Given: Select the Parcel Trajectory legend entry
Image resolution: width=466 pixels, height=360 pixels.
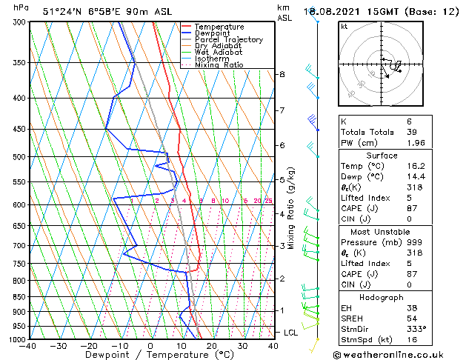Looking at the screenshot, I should [x=228, y=40].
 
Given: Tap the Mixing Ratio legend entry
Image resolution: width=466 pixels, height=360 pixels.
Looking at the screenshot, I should [x=219, y=65].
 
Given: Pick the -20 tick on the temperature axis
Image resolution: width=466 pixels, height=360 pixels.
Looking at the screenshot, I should [x=89, y=345].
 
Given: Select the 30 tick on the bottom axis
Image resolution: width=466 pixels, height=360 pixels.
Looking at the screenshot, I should [x=242, y=345].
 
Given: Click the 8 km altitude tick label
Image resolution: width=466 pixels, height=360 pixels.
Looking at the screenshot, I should [x=282, y=74].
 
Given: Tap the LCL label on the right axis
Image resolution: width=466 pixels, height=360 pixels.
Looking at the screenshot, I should [x=290, y=333].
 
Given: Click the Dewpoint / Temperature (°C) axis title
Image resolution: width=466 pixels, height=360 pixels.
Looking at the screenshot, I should [x=151, y=355].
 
